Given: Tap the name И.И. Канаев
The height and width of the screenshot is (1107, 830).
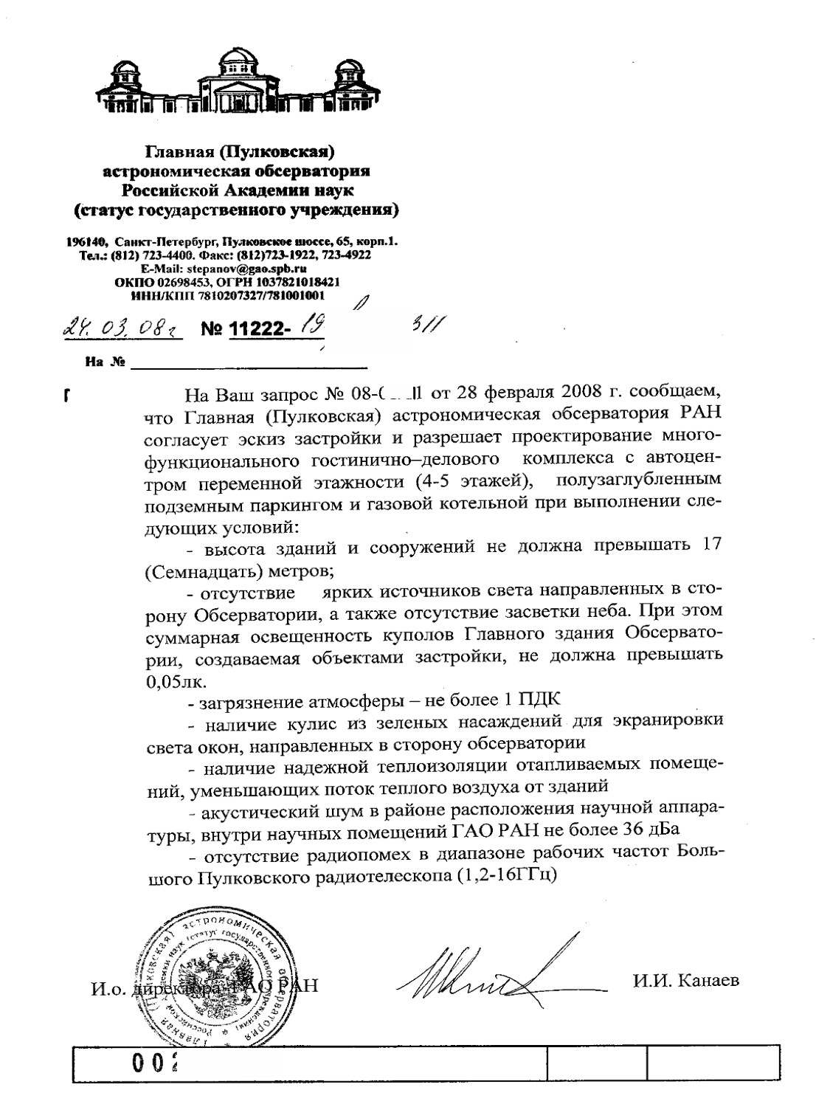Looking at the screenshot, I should tap(685, 980).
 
